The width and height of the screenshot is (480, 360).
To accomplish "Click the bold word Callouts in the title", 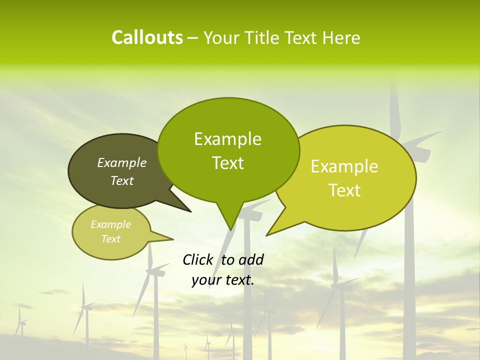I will [x=147, y=37].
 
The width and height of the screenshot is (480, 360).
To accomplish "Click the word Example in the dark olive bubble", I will [x=121, y=162].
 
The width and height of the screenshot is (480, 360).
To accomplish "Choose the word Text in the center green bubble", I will [x=228, y=163].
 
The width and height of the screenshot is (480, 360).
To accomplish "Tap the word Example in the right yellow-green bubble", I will [x=344, y=166].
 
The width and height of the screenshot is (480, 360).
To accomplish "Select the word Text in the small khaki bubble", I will [x=111, y=239].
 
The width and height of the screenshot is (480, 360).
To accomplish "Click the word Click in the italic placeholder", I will [x=198, y=259].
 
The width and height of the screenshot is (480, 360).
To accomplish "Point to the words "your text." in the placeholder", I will [x=223, y=280].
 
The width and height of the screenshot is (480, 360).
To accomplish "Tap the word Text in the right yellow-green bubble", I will [x=344, y=190].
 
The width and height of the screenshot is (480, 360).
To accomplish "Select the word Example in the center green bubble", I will [x=228, y=139].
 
